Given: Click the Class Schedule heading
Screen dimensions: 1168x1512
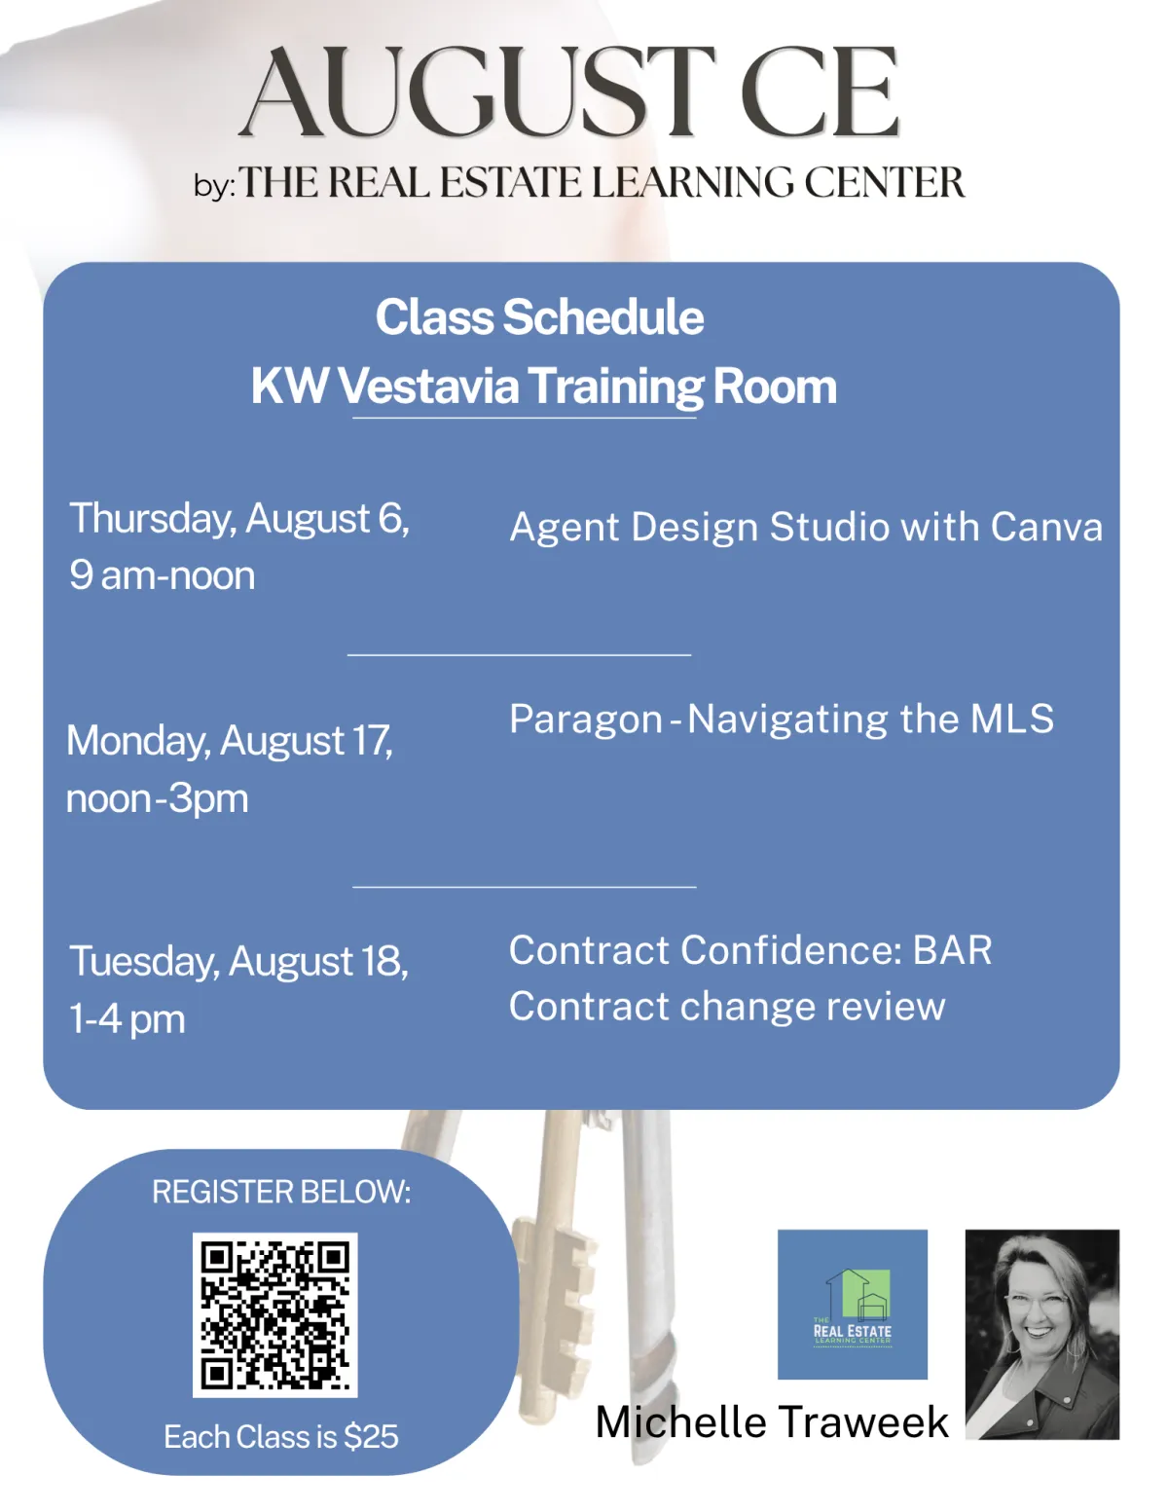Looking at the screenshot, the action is click(540, 317).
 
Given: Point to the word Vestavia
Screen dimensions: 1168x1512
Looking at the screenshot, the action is click(428, 386).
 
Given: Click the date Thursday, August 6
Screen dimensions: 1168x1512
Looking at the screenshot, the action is click(239, 518).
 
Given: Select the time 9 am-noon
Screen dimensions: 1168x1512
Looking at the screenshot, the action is click(163, 575).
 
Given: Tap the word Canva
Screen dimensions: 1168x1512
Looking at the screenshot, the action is click(1046, 527).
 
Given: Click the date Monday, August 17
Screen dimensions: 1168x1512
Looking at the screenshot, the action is click(230, 740).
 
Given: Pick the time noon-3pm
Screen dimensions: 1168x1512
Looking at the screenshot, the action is click(158, 798).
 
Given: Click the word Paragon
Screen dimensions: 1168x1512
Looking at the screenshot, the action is click(586, 719).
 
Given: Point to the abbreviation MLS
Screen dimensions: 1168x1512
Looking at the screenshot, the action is click(1012, 719).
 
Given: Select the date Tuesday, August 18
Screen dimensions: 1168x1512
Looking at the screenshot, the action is click(238, 962).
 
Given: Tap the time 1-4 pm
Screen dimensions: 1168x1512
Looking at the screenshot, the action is click(128, 1019).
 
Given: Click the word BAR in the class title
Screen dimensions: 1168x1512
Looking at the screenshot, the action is click(952, 950).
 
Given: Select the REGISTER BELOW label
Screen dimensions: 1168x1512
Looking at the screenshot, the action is click(281, 1192).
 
